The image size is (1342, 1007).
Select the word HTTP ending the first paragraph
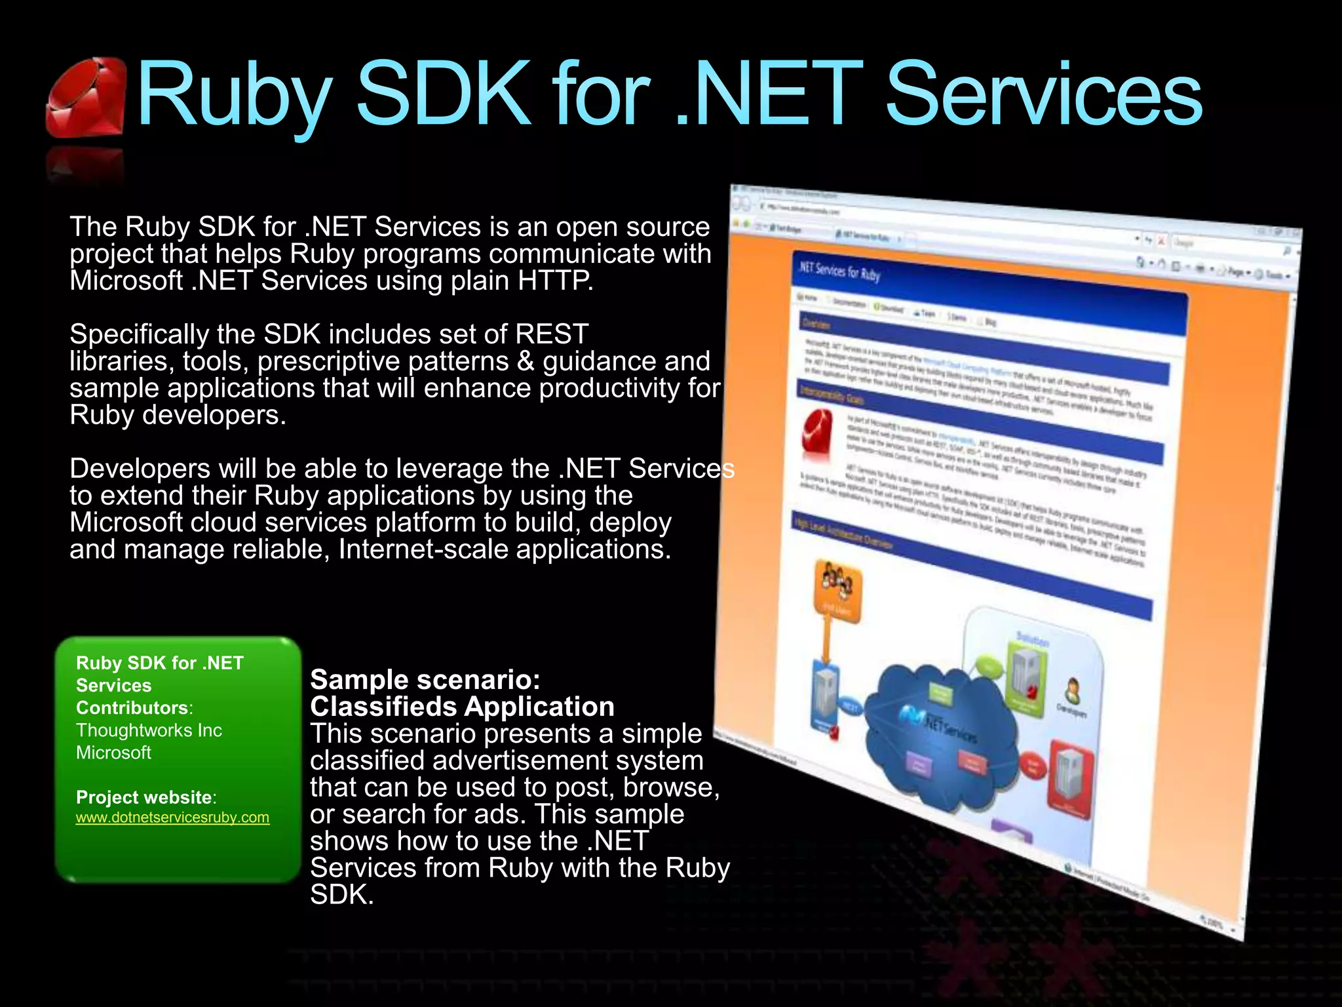point(555,281)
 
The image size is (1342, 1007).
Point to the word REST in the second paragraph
point(552,334)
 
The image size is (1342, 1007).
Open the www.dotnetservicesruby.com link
point(172,818)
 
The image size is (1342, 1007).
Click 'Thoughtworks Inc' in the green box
point(149,730)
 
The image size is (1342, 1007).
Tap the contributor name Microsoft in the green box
point(113,753)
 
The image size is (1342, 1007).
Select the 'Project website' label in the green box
point(144,797)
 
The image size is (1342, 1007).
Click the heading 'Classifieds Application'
point(462,707)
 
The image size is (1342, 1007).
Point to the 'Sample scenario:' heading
point(425,680)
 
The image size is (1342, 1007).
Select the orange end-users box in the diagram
point(837,591)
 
